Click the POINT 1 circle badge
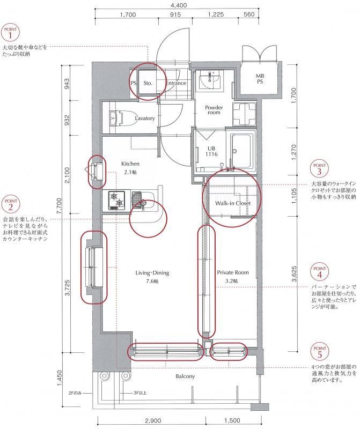coord(10,33)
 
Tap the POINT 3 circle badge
coord(319,169)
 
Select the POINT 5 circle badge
coord(319,352)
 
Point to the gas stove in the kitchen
coord(117,200)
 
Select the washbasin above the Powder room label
coord(210,79)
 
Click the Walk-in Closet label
coord(233,203)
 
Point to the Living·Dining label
coord(152,273)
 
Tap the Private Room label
coord(233,272)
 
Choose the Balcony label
coord(185,376)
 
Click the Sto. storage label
coord(148,83)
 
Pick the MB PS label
coord(260,79)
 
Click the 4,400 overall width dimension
coord(178,5)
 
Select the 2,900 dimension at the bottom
coord(153,420)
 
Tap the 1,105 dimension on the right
coord(295,196)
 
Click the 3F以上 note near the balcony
coord(140,393)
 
